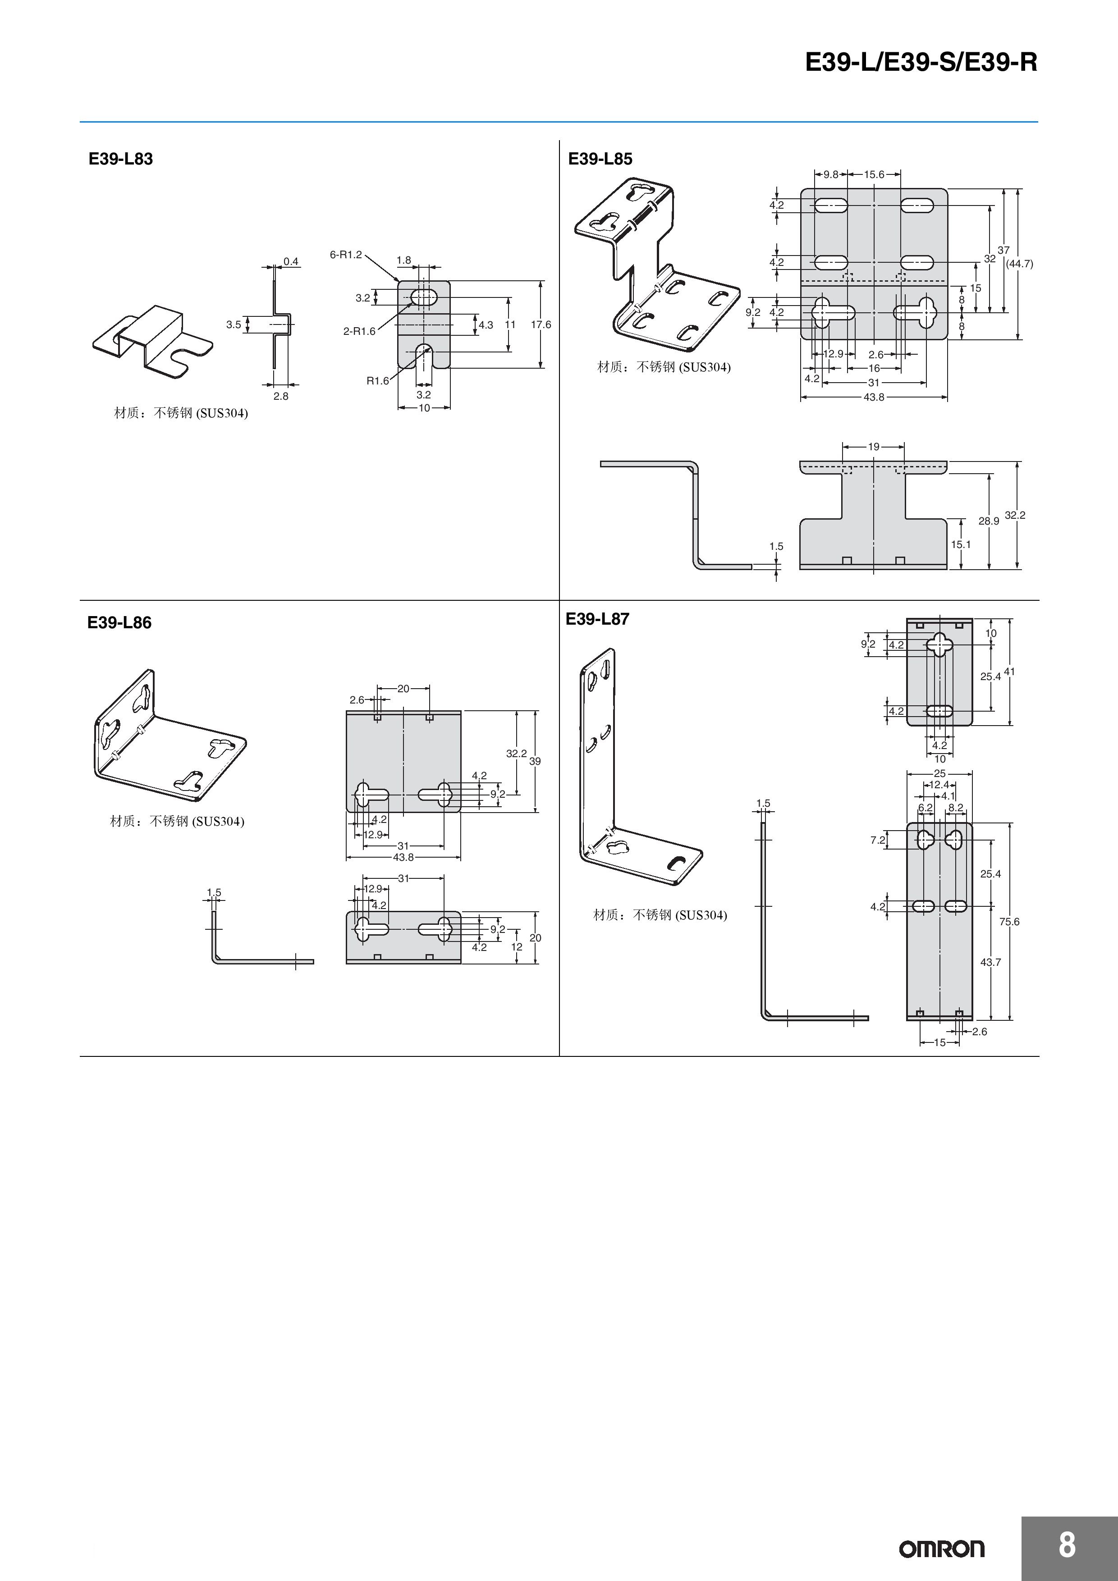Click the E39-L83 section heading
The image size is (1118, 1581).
[120, 159]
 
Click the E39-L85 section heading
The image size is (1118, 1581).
[600, 159]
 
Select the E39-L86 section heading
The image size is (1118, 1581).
[119, 622]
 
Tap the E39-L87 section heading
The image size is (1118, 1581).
[597, 619]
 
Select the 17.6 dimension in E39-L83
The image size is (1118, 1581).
[541, 324]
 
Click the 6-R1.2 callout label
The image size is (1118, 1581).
[345, 255]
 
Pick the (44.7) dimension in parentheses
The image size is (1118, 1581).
[1019, 264]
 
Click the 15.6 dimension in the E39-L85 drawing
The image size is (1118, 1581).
[874, 175]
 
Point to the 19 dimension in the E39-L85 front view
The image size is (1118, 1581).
[874, 447]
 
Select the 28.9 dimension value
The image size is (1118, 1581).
[989, 521]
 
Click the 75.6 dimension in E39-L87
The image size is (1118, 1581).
[1009, 921]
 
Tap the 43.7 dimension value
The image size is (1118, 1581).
[990, 962]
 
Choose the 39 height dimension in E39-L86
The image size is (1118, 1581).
[535, 761]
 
